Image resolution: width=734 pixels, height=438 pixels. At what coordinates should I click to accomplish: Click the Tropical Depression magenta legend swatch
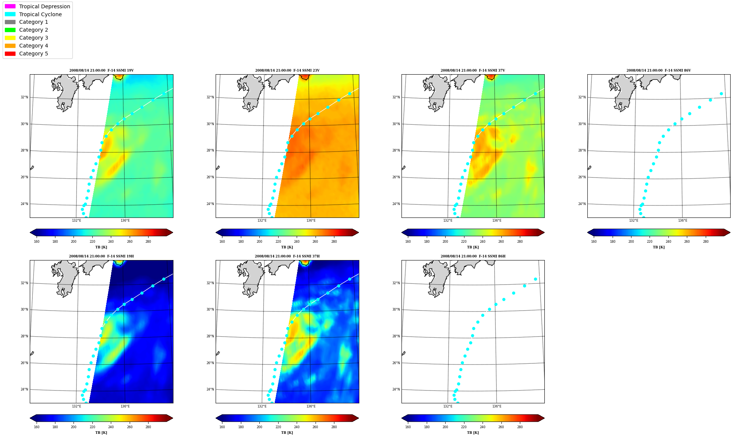(10, 6)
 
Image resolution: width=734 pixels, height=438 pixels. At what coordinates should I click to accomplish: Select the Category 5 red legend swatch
(10, 54)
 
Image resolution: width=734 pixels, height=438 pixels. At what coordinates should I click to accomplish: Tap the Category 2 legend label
(34, 30)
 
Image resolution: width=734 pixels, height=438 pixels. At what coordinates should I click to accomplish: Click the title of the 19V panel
(101, 70)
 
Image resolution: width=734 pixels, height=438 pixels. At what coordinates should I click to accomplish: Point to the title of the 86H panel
(473, 256)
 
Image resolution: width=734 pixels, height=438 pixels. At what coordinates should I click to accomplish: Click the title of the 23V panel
(287, 70)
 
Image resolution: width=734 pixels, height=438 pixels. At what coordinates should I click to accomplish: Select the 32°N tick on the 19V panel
(25, 97)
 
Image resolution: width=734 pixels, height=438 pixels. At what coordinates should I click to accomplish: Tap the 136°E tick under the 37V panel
(497, 221)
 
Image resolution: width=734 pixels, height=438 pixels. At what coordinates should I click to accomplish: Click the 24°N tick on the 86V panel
(582, 204)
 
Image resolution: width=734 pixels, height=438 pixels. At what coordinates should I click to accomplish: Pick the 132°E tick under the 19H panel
(77, 406)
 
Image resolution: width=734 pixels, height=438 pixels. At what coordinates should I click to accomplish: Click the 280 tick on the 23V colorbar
(334, 242)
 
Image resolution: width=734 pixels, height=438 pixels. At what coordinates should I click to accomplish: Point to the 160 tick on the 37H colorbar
(222, 427)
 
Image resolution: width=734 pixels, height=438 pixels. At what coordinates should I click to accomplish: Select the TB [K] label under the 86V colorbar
(659, 247)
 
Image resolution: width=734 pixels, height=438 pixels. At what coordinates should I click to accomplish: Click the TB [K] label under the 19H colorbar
(101, 433)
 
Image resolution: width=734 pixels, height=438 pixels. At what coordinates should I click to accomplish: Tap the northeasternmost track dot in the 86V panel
(721, 93)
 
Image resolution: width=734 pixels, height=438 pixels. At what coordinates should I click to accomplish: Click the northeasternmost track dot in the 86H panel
(535, 279)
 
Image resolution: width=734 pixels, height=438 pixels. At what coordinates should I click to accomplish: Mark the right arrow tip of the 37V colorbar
(544, 233)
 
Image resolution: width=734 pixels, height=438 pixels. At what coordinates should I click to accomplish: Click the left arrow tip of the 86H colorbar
(402, 418)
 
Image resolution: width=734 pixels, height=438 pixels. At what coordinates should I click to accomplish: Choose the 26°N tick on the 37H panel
(210, 363)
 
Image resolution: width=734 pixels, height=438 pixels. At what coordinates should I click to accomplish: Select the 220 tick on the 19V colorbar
(92, 242)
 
